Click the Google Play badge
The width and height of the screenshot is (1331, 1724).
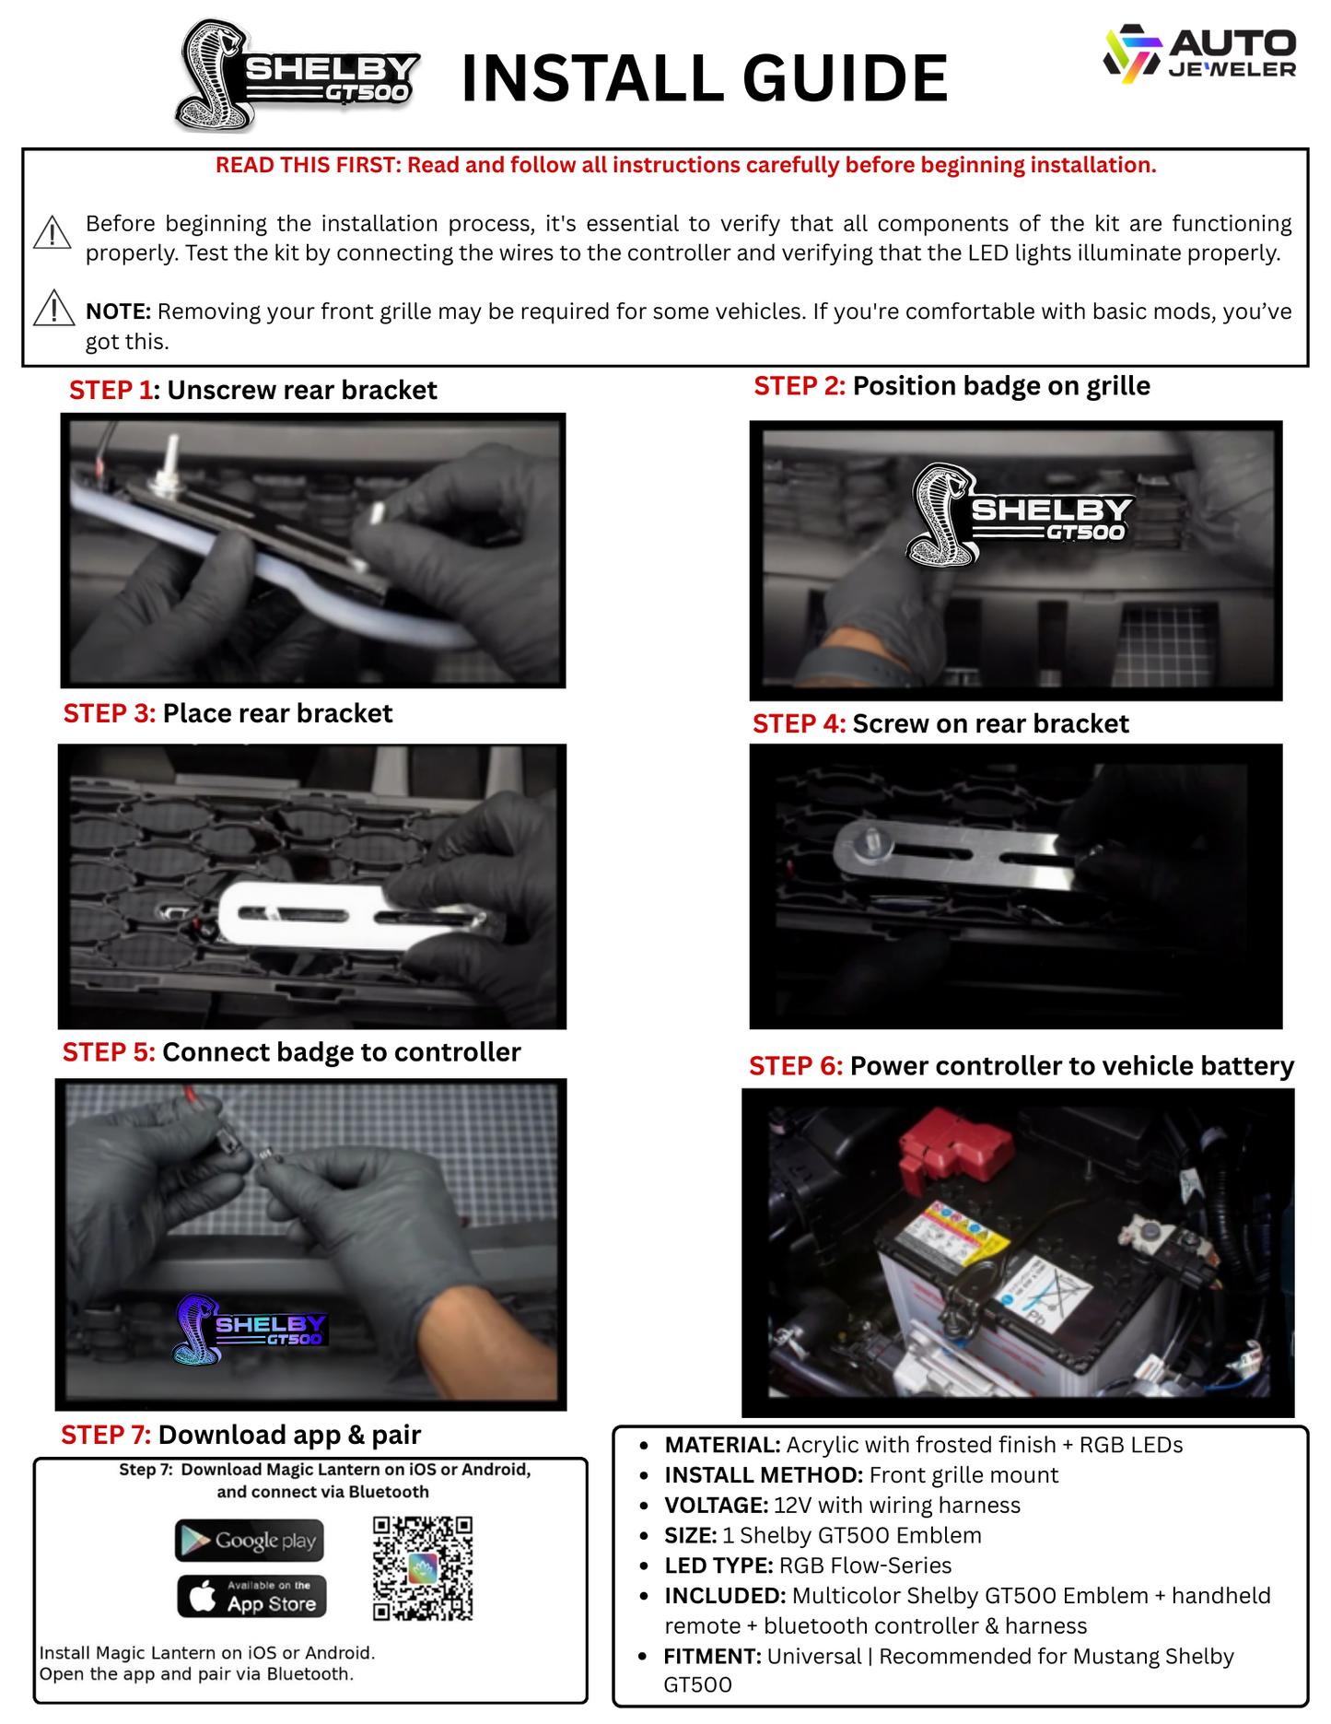pos(250,1541)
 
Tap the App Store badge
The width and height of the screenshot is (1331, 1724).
pos(251,1596)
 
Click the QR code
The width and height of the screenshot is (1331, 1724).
pos(423,1567)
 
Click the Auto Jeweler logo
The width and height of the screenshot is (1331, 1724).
pos(1200,54)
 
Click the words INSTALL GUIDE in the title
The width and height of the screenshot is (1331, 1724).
pos(704,78)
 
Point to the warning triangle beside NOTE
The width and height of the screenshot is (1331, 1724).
pos(53,309)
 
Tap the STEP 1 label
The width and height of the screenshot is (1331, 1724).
pos(111,391)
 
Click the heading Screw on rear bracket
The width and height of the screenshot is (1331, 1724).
pos(990,724)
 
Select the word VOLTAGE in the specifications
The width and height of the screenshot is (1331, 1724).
pos(716,1506)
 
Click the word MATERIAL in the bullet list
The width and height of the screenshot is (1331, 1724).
pos(722,1445)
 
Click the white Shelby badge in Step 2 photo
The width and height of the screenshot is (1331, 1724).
pos(1018,514)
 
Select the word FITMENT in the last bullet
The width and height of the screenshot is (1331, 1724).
pos(712,1657)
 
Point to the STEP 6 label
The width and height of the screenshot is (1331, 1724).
pos(795,1066)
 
